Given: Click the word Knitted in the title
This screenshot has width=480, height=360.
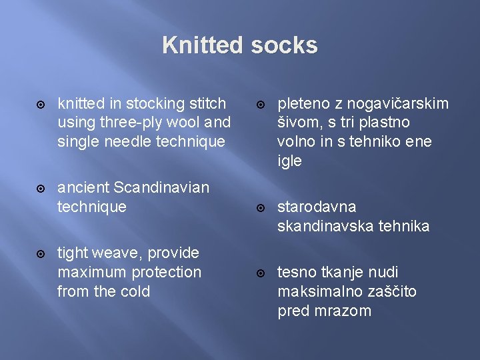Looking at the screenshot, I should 203,45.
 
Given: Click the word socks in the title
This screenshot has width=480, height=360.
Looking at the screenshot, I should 285,45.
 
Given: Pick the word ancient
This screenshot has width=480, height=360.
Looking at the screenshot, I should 79,187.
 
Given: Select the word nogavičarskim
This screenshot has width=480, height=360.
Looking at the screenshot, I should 391,103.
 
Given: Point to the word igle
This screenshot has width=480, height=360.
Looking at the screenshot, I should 290,161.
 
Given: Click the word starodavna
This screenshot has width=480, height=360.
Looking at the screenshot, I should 317,207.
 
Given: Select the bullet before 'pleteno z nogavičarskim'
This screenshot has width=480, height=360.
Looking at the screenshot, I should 261,104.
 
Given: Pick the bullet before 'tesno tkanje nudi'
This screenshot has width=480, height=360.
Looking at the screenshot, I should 261,273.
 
